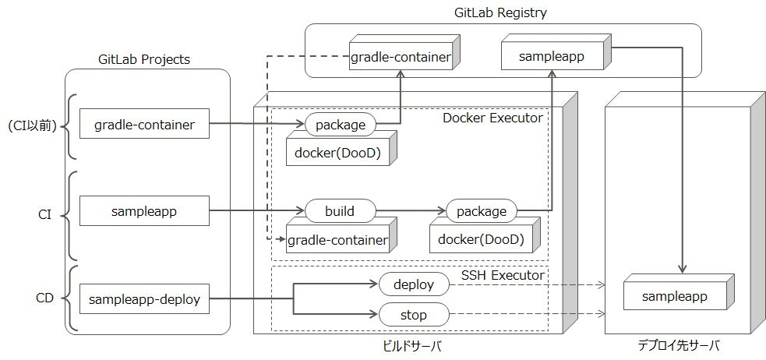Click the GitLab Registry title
coord(501,12)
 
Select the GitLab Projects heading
coord(144,59)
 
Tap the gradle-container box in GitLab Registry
coord(401,58)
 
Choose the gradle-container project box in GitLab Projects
coord(144,124)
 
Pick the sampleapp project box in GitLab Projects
coord(144,210)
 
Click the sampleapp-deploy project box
coord(144,298)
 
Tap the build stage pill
coord(340,211)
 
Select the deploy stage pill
coord(414,284)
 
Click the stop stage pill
coord(414,315)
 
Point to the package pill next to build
coord(482,211)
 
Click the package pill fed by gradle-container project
coord(340,124)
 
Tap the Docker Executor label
coord(492,118)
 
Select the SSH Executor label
coord(503,275)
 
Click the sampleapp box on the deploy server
coord(674,297)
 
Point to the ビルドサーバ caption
coord(408,344)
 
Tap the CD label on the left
coord(45,298)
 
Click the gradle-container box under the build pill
coord(337,240)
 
